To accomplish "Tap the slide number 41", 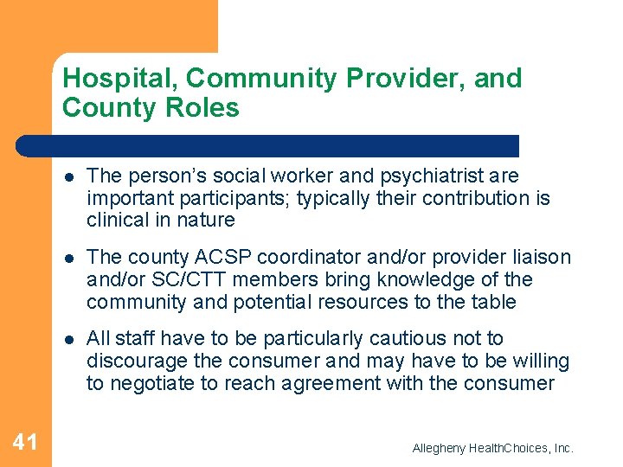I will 25,443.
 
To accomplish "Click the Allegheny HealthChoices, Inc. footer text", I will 492,448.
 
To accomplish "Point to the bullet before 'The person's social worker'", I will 69,176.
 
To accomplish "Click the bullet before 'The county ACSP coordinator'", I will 69,259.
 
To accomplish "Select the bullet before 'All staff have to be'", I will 69,339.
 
